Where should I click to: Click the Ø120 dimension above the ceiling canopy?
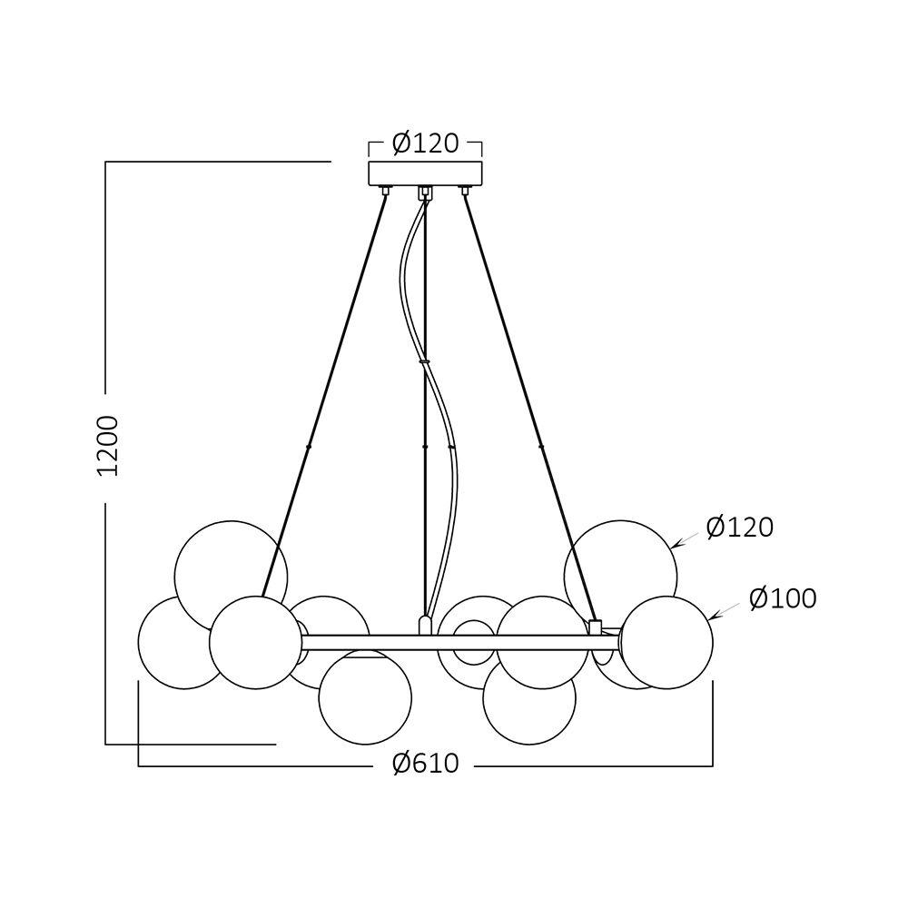pos(425,143)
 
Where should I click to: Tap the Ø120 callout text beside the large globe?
pos(739,528)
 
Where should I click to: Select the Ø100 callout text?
pos(783,598)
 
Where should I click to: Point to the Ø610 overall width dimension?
pos(425,765)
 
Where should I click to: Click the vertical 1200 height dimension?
pos(109,446)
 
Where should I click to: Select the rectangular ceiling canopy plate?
pos(425,173)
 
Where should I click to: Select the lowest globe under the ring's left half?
pos(366,697)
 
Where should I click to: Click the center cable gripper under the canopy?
pos(423,192)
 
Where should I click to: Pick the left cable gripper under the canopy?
pos(385,191)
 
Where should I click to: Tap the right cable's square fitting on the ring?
pos(596,626)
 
